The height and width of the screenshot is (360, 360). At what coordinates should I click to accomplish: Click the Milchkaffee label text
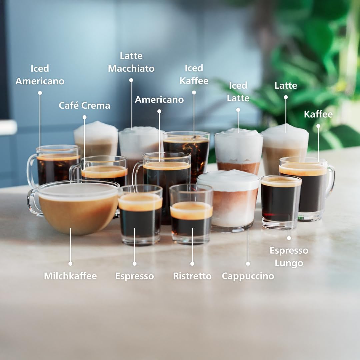[x=70, y=276]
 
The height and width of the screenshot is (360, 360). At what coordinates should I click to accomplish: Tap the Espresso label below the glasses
[x=134, y=276]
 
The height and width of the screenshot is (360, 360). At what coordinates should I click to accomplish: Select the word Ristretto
[x=192, y=276]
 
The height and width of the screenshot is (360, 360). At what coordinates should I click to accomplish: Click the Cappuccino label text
[x=248, y=276]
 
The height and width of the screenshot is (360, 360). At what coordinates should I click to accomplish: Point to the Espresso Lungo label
[x=289, y=257]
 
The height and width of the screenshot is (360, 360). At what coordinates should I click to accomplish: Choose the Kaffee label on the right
[x=318, y=114]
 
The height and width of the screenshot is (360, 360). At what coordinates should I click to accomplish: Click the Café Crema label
[x=84, y=105]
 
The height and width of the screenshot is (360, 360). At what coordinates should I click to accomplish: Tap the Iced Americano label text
[x=40, y=75]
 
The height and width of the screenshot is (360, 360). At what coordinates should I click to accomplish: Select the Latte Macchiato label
[x=131, y=62]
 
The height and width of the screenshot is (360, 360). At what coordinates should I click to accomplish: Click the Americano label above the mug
[x=159, y=99]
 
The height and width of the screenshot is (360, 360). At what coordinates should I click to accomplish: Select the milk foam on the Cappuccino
[x=228, y=180]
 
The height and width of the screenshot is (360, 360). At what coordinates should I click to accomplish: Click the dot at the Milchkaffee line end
[x=70, y=263]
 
